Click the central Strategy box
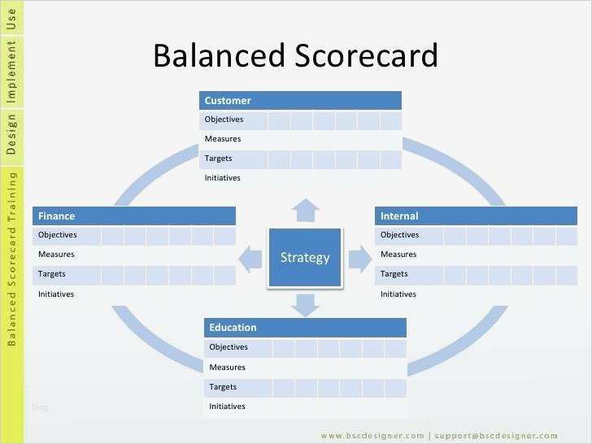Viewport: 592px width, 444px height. coord(305,258)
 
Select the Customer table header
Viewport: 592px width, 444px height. coord(300,101)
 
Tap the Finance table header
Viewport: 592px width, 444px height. coord(134,216)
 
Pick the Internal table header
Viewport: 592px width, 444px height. coord(476,216)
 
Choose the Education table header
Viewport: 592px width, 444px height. coord(305,328)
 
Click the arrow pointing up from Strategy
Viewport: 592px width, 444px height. coord(306,211)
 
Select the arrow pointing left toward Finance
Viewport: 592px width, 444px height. coord(250,259)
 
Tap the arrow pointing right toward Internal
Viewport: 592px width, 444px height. coord(360,259)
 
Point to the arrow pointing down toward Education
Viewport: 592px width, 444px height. coord(306,306)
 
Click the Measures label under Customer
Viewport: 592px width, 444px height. coord(223,138)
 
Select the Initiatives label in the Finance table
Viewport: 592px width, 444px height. coord(56,294)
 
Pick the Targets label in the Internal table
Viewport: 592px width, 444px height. coord(394,274)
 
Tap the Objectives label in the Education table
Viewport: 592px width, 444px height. coord(229,347)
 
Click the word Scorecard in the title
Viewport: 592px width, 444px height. coord(366,55)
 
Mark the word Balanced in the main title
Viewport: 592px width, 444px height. coord(219,55)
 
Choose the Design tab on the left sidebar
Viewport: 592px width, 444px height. coord(11,134)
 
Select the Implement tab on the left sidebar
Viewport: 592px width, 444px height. coord(11,72)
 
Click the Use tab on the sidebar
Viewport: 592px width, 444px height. coord(11,19)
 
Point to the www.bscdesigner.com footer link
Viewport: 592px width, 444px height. coord(372,436)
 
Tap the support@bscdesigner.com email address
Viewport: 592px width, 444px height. coord(496,436)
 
